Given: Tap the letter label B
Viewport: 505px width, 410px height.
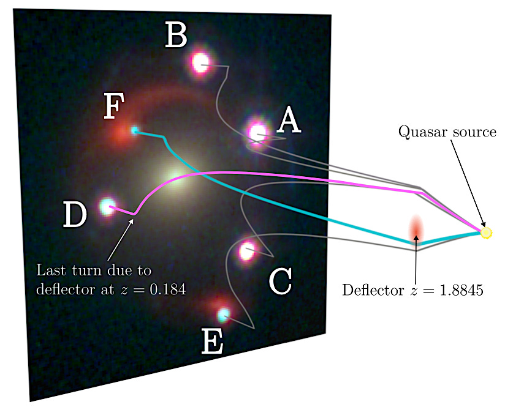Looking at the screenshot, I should (176, 36).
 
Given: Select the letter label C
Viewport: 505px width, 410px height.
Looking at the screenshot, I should (280, 282).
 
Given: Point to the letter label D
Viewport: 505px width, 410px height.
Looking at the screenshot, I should (74, 215).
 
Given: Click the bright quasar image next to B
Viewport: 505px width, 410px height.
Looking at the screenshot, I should (200, 61).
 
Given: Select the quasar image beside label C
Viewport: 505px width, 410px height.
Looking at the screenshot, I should (247, 250).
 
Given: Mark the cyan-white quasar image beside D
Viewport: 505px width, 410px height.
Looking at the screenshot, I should (107, 206).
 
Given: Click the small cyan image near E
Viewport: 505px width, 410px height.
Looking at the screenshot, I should (224, 314).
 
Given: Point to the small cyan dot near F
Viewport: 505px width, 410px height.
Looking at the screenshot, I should (135, 130).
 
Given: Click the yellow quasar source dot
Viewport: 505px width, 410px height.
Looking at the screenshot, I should (486, 233).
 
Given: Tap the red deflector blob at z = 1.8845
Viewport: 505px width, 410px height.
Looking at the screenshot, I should (417, 229).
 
